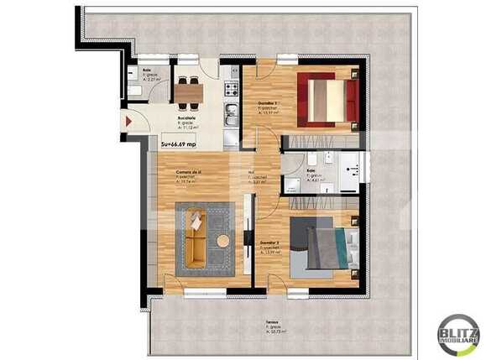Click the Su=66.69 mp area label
pos(179,144)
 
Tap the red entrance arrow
pos(128,122)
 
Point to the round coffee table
pos(223,242)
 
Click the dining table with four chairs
pos(188,88)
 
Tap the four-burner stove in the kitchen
pos(231,86)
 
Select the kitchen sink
pos(231,118)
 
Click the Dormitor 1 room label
pos(267,103)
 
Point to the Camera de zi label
pos(189,175)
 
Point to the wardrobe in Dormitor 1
pos(323,139)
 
